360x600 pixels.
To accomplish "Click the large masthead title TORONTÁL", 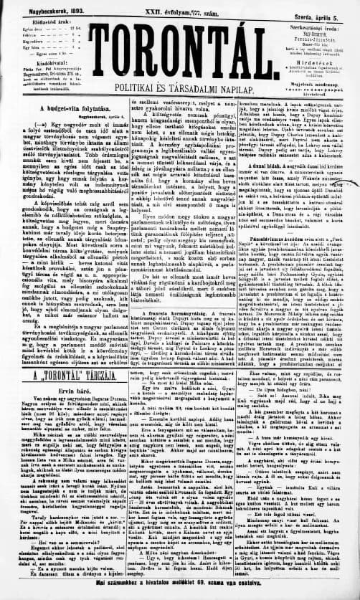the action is point(179,48).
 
